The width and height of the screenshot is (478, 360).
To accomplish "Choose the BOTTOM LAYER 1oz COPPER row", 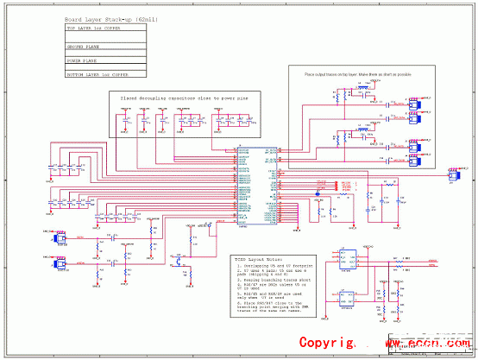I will tap(96, 75).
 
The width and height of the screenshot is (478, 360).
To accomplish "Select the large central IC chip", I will tap(257, 185).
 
